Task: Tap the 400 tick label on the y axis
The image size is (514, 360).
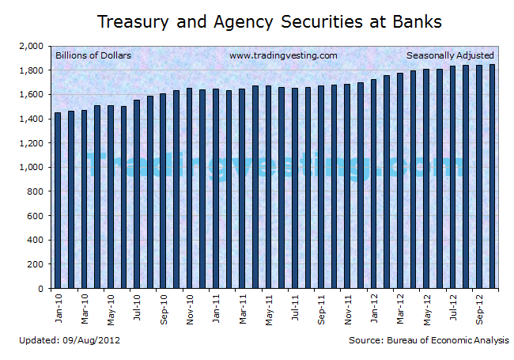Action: (35, 241)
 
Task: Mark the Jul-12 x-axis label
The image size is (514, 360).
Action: (453, 307)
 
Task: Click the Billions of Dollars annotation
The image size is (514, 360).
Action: (93, 55)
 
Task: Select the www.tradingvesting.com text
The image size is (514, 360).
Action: (283, 55)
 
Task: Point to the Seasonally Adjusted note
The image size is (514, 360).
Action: (450, 55)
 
